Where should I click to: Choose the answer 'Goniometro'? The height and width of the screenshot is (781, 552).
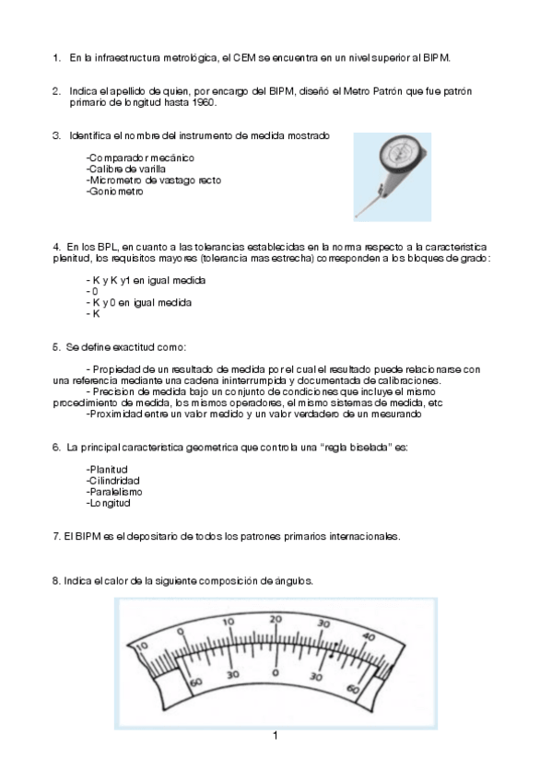[x=115, y=192]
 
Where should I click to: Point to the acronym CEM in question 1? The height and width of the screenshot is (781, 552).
[x=243, y=58]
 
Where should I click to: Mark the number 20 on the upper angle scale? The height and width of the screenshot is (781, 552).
[x=277, y=622]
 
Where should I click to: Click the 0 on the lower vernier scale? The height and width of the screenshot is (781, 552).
[x=275, y=673]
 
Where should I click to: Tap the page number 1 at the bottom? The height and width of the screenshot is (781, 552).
[x=275, y=735]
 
